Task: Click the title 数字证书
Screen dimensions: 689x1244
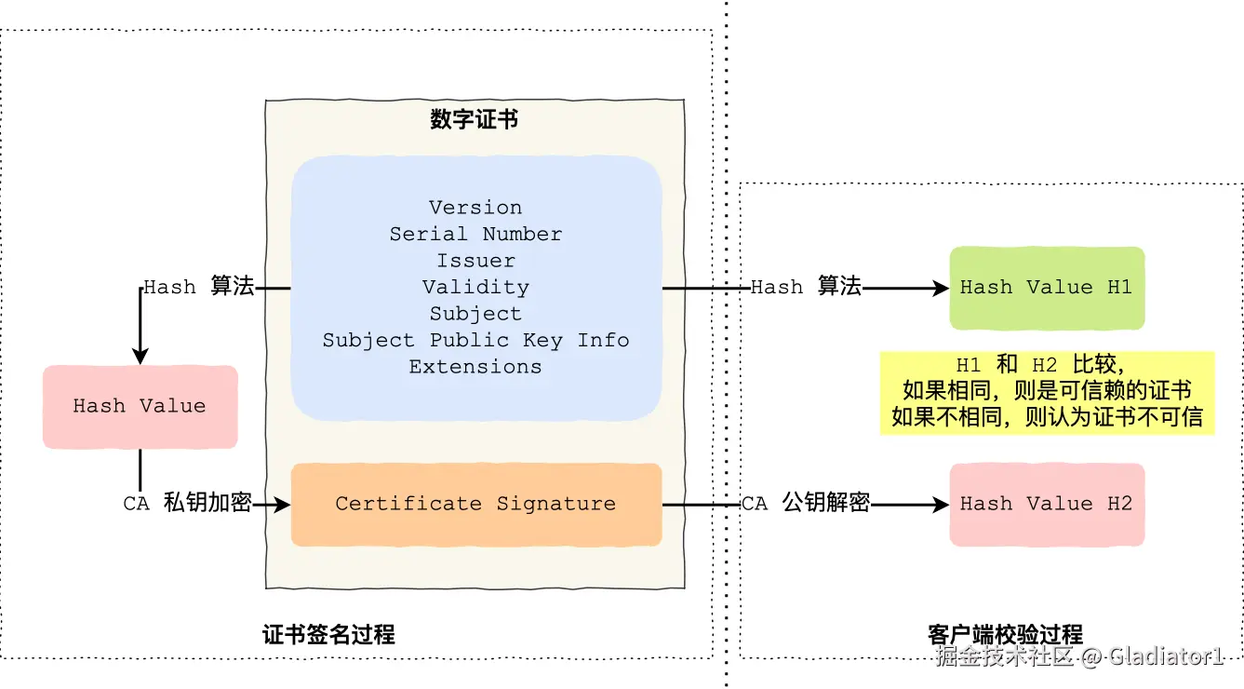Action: [475, 119]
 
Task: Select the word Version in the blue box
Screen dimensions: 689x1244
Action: [475, 207]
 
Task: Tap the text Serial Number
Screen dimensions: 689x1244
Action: [475, 234]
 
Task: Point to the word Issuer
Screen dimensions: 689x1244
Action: [475, 261]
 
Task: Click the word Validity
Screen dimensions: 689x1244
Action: [475, 287]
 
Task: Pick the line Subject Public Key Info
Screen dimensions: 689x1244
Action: [475, 340]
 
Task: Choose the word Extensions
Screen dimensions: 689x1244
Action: [475, 367]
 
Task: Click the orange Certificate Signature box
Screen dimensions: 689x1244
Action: [475, 504]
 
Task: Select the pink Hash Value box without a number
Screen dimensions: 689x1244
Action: [140, 406]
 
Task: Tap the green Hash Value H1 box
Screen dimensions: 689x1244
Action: [1046, 288]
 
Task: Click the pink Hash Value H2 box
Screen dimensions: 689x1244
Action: [1046, 504]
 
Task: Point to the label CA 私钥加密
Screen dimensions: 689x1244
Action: [187, 504]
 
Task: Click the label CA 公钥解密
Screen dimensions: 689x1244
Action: [806, 504]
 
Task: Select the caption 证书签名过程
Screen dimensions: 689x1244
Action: [328, 635]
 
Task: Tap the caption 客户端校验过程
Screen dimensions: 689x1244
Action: [1006, 635]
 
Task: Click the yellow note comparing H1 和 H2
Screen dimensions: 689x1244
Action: [1047, 391]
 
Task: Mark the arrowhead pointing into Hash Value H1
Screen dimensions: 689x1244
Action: [943, 289]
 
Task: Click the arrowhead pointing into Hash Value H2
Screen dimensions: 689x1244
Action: [943, 505]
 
